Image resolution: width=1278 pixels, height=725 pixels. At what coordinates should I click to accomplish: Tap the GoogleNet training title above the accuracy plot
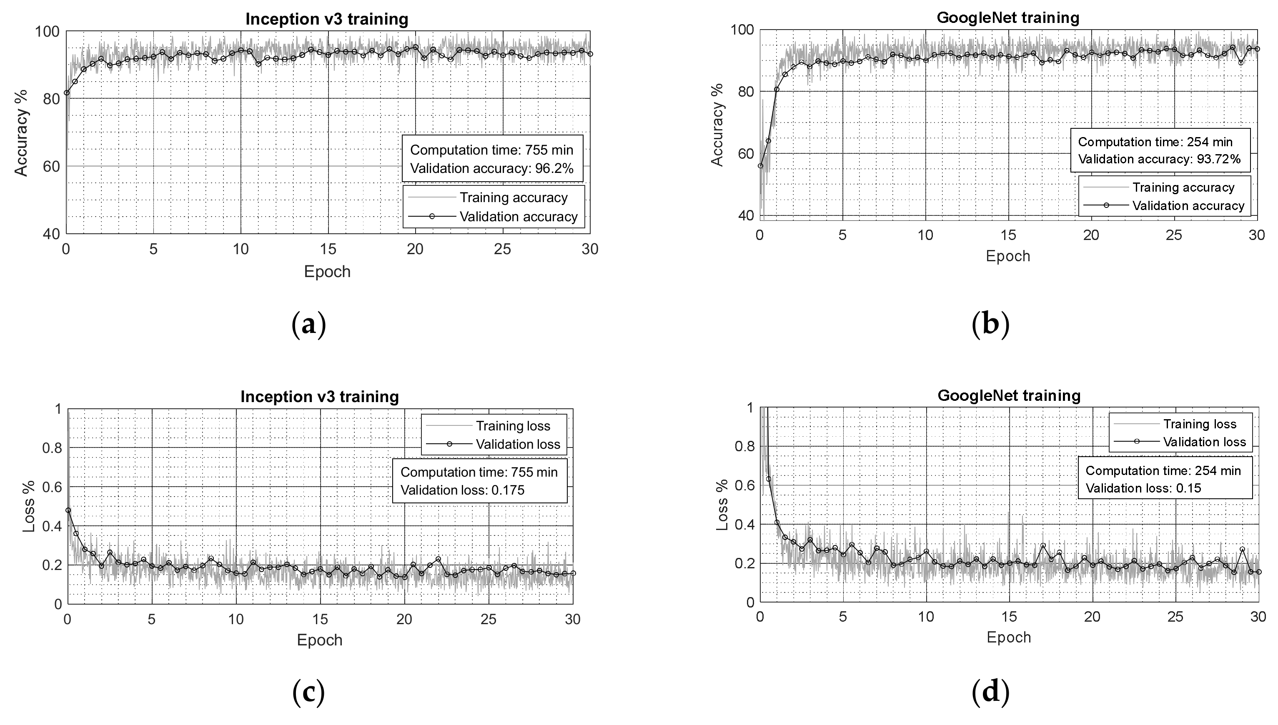click(1007, 18)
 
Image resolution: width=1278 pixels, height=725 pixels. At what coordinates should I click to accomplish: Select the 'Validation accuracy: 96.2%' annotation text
click(491, 168)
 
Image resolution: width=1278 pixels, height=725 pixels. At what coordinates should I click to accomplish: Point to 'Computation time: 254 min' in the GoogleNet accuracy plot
click(1155, 142)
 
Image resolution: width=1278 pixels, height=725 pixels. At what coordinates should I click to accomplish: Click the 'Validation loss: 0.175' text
click(462, 490)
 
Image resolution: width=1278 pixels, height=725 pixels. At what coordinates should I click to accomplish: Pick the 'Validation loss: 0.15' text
click(1143, 488)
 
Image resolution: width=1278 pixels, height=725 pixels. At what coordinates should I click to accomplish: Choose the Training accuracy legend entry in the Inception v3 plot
click(513, 197)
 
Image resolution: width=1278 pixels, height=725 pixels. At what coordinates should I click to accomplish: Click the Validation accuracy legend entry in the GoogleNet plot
click(1188, 206)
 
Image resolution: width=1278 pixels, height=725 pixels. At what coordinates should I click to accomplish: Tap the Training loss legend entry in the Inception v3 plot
click(513, 426)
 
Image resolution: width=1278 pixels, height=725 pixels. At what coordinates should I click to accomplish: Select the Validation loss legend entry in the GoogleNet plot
click(1204, 442)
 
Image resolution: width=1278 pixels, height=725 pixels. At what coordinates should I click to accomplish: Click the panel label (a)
click(308, 325)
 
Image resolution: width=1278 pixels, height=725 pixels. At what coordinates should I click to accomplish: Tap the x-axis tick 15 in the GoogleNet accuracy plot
click(1008, 235)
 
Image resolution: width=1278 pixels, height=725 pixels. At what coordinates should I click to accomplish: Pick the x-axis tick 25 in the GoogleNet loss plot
click(1175, 616)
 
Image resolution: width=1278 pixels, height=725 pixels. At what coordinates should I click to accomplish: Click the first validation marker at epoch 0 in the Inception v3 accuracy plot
click(67, 92)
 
